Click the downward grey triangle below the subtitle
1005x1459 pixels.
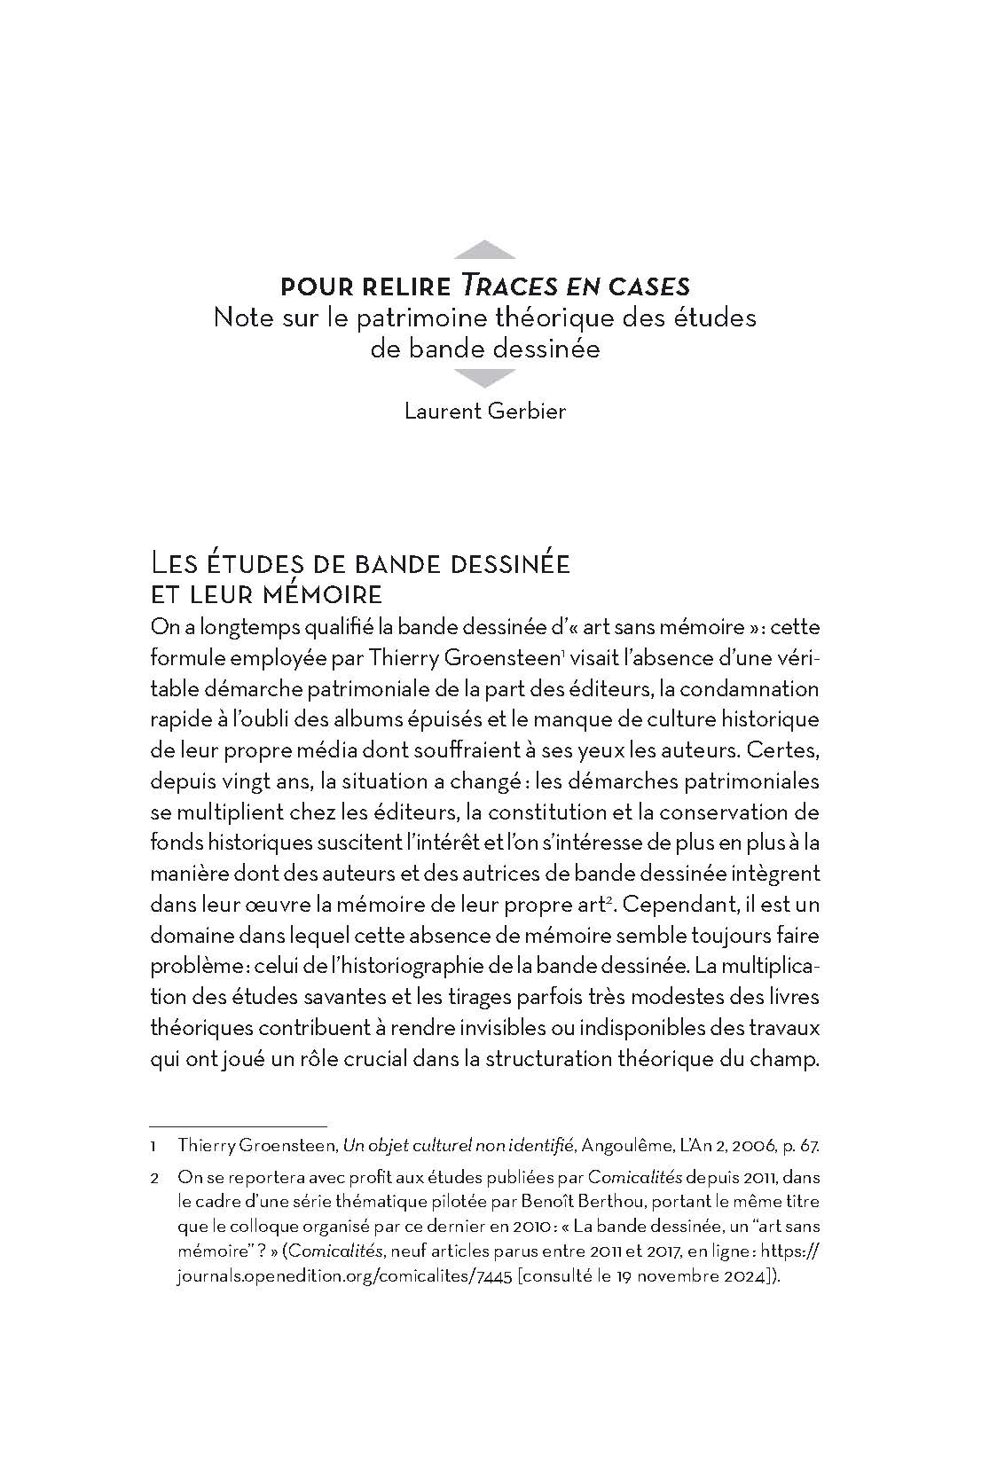pyautogui.click(x=483, y=379)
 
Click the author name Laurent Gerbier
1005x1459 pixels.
pyautogui.click(x=484, y=412)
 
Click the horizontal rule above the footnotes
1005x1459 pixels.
pyautogui.click(x=238, y=1124)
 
